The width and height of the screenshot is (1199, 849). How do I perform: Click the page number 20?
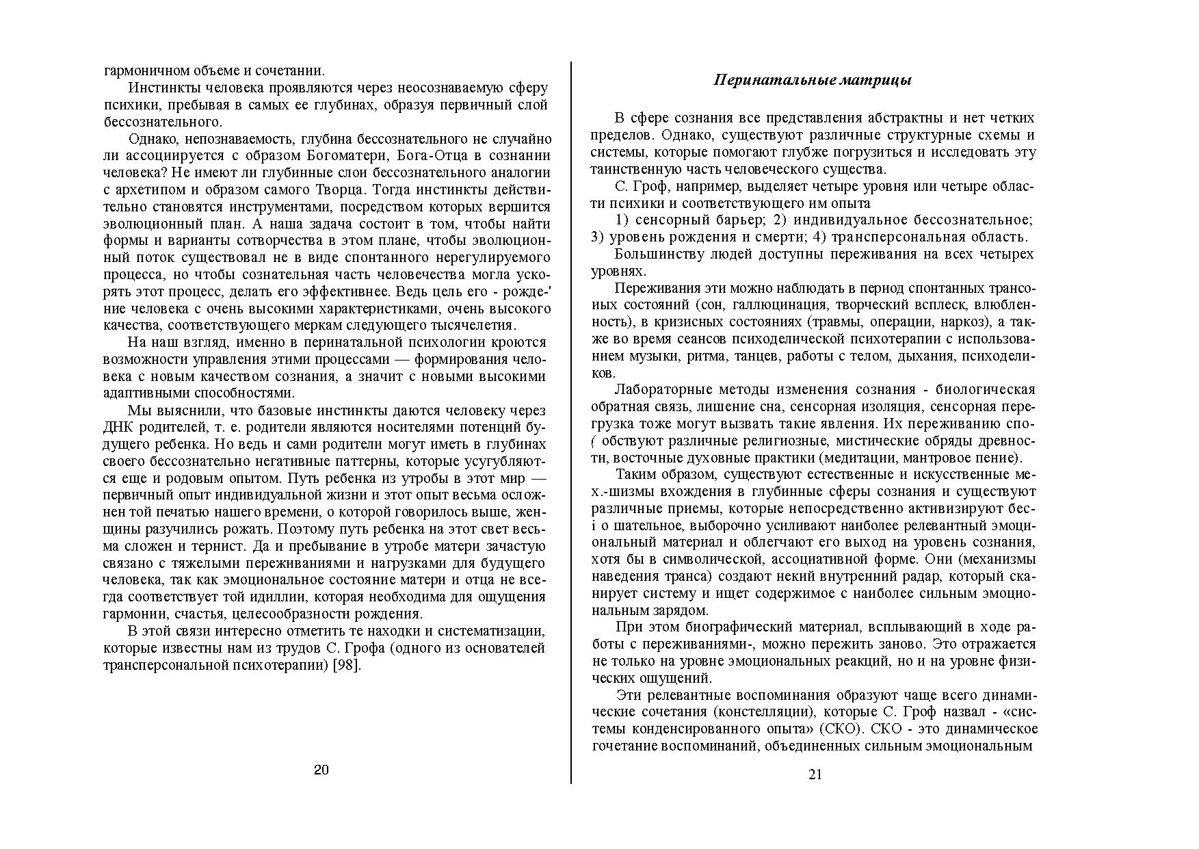[x=321, y=770]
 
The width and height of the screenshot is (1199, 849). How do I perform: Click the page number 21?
[x=815, y=774]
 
